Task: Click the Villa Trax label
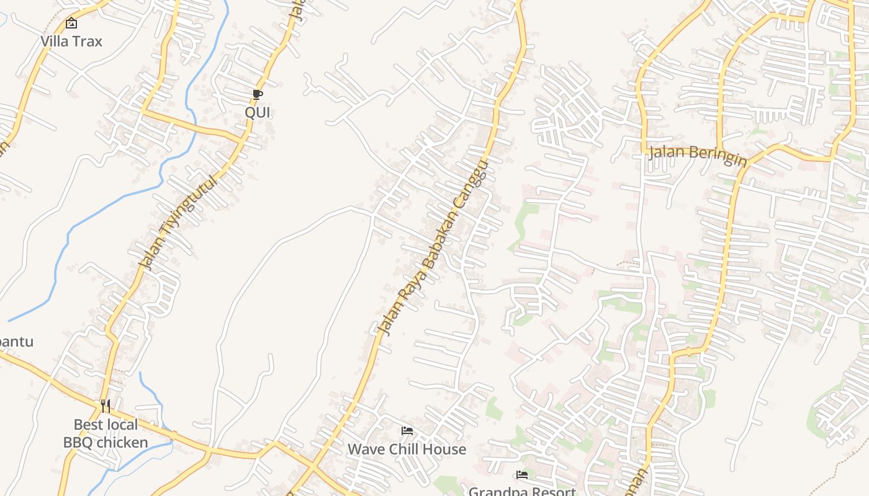tap(71, 42)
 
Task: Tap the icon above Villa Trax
tap(71, 24)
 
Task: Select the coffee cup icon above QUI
tap(258, 94)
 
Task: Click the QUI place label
tap(258, 112)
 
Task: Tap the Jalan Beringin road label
tap(697, 154)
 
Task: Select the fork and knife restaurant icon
tap(106, 406)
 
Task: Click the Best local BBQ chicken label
tap(106, 433)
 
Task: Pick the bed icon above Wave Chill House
tap(407, 430)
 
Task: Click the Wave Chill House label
tap(407, 449)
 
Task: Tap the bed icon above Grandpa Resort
tap(522, 475)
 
